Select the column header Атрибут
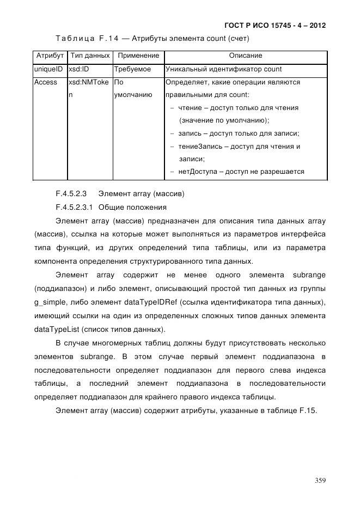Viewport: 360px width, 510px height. [x=50, y=56]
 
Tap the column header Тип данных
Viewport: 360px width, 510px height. [x=90, y=56]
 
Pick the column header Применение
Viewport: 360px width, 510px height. [x=138, y=56]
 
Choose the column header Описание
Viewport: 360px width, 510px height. [x=245, y=56]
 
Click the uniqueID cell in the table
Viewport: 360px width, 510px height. [x=49, y=70]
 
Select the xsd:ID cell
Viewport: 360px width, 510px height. [x=78, y=70]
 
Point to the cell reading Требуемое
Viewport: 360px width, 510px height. [x=132, y=70]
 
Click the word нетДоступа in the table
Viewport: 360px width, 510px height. [x=199, y=172]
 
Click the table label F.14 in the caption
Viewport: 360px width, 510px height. [x=107, y=39]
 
